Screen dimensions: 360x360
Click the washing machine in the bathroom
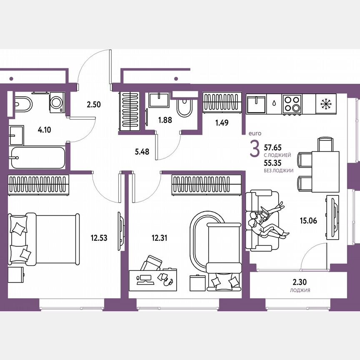pyautogui.click(x=57, y=102)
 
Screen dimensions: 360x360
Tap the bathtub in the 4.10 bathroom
pyautogui.click(x=38, y=157)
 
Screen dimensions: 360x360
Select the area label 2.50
pyautogui.click(x=94, y=105)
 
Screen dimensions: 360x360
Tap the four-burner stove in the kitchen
pyautogui.click(x=292, y=104)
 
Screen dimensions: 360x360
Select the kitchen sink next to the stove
pyautogui.click(x=257, y=104)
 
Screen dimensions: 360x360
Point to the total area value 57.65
pyautogui.click(x=275, y=147)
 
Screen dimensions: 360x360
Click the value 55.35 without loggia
pyautogui.click(x=275, y=163)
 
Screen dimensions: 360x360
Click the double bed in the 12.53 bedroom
pyautogui.click(x=44, y=239)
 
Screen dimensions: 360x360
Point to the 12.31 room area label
pyautogui.click(x=160, y=238)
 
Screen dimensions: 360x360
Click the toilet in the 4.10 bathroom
pyautogui.click(x=22, y=103)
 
